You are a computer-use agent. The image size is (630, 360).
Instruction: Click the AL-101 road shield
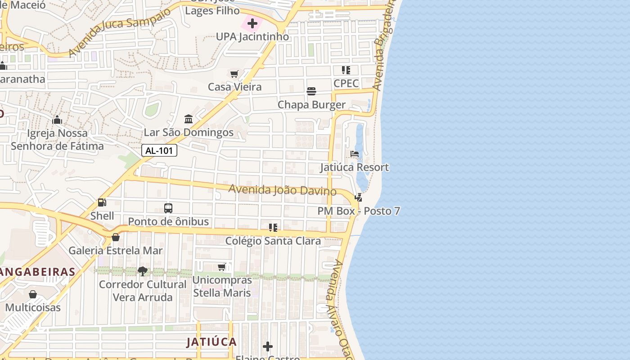pos(159,151)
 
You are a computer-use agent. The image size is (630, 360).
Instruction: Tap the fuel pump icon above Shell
pos(102,203)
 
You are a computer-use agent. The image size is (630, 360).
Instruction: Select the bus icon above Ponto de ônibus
pos(168,208)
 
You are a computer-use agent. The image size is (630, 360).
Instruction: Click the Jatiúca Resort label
pos(355,167)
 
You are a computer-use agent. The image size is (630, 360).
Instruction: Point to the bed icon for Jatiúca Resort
pos(355,154)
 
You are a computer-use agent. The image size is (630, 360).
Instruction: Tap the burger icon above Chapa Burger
pos(311,92)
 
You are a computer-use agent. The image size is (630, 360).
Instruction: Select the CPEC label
pos(346,83)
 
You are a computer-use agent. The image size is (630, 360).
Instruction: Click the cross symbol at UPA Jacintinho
pos(252,23)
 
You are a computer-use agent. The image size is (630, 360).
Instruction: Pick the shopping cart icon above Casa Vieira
pos(234,74)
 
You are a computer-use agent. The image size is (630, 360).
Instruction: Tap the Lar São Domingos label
pos(189,132)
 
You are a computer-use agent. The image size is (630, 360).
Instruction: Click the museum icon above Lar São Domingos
pos(189,119)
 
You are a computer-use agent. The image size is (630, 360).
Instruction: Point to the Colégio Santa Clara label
pos(273,241)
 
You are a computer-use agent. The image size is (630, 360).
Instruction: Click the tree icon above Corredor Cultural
pos(143,271)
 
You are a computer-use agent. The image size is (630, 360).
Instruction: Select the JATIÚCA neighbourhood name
pos(211,342)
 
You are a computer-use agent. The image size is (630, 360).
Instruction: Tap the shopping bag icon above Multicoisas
pos(33,295)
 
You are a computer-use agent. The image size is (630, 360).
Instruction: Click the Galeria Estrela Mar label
pos(116,251)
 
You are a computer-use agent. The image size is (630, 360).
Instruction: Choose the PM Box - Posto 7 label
pos(359,211)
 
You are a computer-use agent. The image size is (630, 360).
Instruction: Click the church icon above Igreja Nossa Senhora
pos(57,120)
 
